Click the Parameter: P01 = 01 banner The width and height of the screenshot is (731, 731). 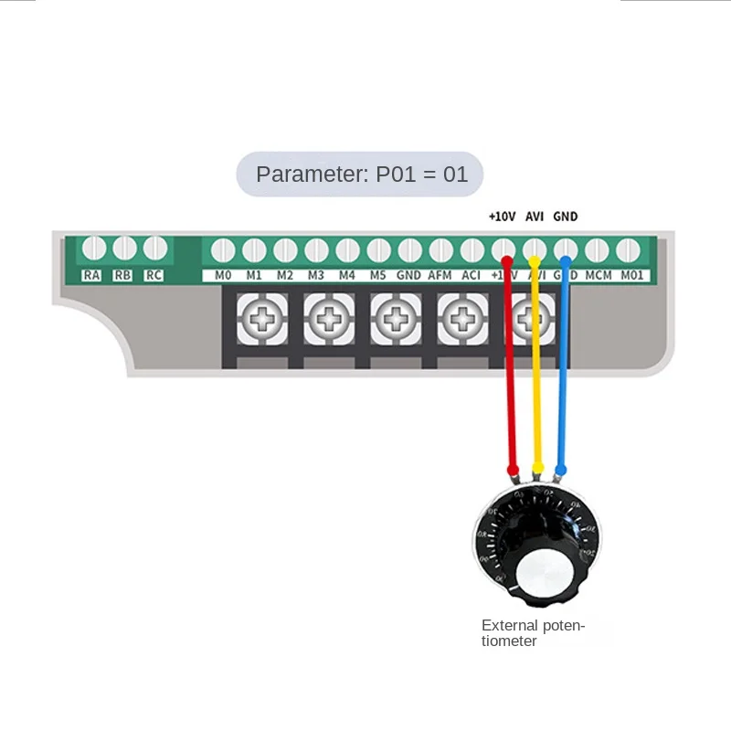click(x=360, y=175)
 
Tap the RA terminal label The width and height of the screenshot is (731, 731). click(x=92, y=275)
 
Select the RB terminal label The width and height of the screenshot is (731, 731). click(x=123, y=275)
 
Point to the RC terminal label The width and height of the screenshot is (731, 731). click(x=154, y=275)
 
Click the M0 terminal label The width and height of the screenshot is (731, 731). click(x=223, y=275)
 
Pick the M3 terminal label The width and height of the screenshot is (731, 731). click(x=316, y=275)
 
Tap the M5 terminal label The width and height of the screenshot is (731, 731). click(x=378, y=275)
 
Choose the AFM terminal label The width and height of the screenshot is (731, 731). click(x=440, y=275)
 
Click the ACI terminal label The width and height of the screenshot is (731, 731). click(x=471, y=275)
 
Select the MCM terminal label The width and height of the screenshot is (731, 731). click(x=599, y=275)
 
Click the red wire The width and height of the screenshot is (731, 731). click(x=511, y=384)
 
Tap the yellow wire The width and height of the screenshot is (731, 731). click(x=536, y=384)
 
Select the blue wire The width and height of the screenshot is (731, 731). click(x=563, y=384)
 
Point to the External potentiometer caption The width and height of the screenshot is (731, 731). click(x=532, y=633)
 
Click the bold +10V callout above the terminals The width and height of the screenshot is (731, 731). click(x=503, y=217)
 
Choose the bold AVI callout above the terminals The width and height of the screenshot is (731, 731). click(x=535, y=217)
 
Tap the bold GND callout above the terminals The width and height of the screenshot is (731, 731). click(x=566, y=217)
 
